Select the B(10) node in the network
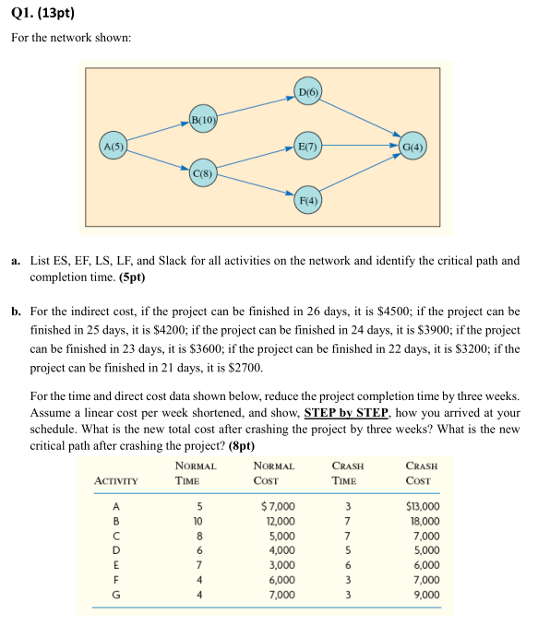pos(203,119)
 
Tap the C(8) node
pos(203,172)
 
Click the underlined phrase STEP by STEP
pos(346,413)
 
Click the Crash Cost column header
pos(423,474)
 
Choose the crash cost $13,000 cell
pos(423,506)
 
